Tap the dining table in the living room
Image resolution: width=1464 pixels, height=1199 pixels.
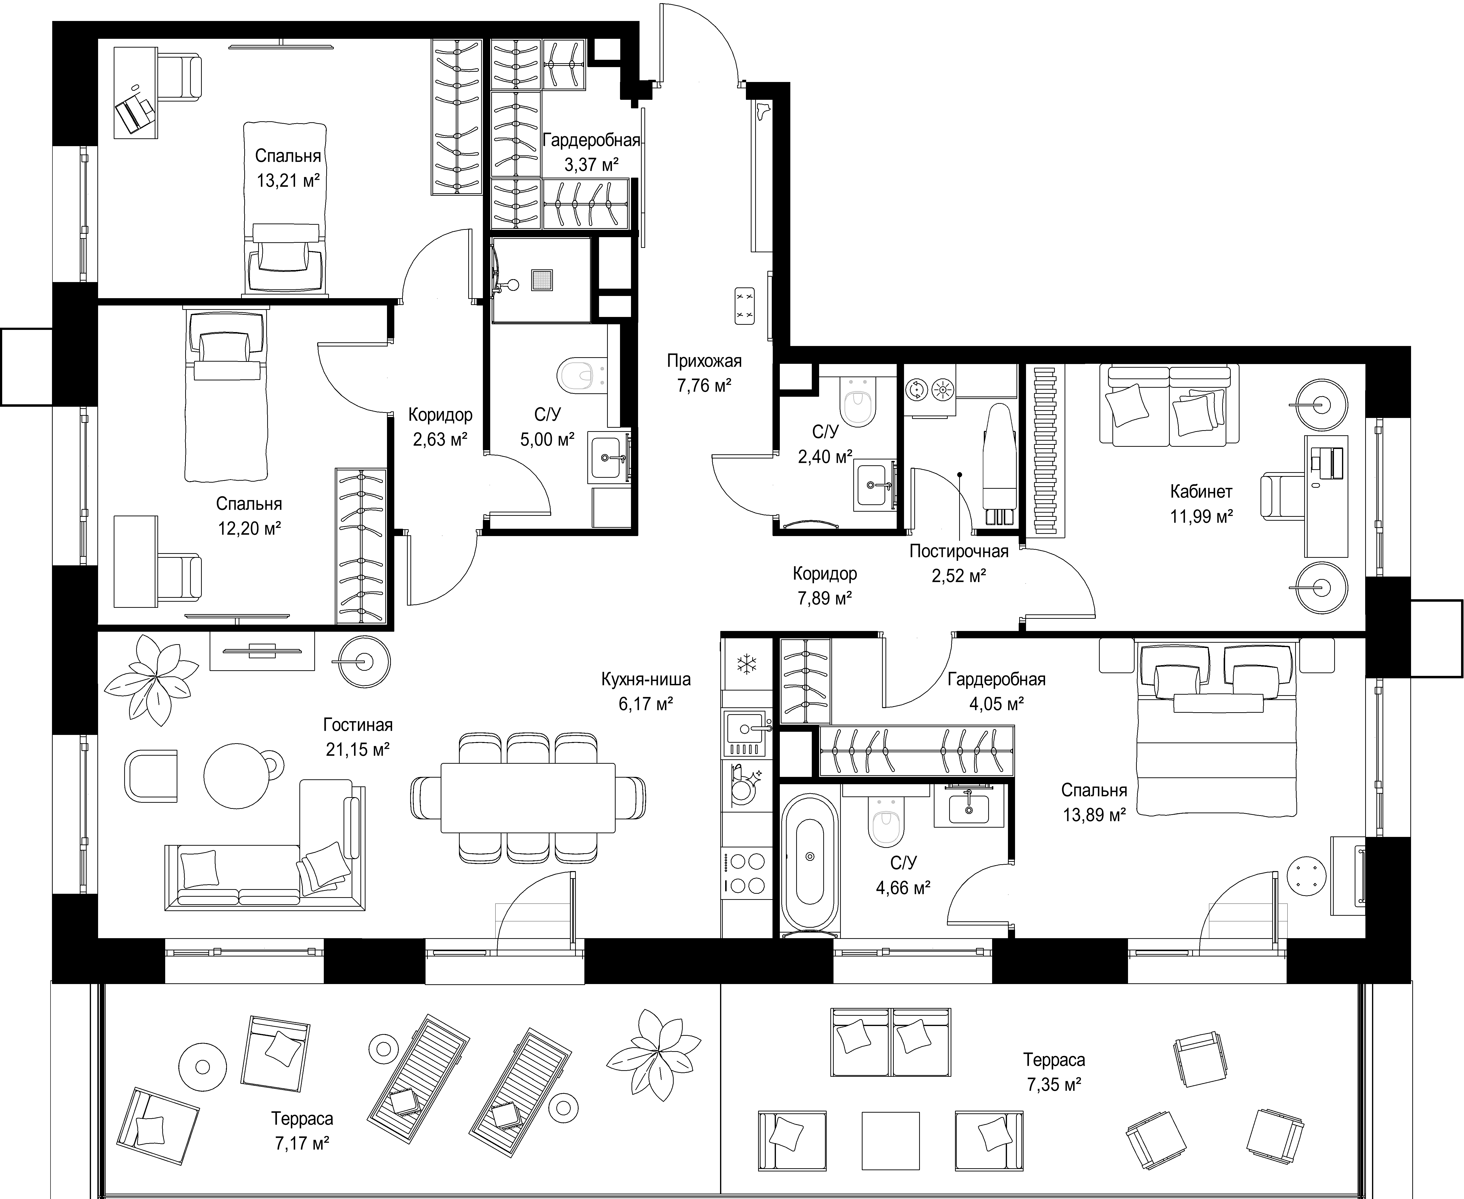pyautogui.click(x=528, y=798)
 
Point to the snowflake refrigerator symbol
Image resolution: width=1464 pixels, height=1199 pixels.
pyautogui.click(x=746, y=664)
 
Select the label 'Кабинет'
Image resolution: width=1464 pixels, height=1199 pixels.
pyautogui.click(x=1201, y=492)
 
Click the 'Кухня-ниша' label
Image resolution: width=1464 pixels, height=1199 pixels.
pyautogui.click(x=646, y=680)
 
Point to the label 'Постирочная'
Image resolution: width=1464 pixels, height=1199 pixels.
pyautogui.click(x=958, y=551)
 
